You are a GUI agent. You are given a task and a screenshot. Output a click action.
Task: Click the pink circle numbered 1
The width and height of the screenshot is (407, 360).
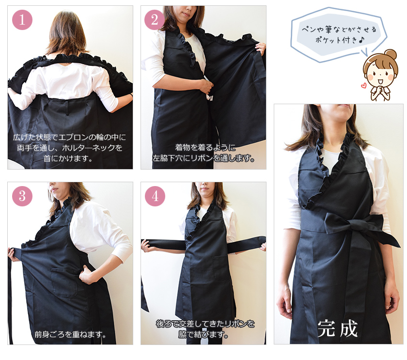coord(22,20)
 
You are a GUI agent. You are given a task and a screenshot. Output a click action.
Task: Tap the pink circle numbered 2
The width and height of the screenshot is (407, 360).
coord(154,20)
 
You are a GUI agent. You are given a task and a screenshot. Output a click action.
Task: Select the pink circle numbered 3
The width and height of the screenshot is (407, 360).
coord(22,196)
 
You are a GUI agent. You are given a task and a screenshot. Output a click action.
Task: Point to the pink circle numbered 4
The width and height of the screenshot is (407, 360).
coord(155,196)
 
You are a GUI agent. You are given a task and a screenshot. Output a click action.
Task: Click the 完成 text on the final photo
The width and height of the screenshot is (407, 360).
coord(337,329)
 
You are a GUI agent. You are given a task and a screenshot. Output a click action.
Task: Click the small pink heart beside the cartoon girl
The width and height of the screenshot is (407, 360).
coord(363,85)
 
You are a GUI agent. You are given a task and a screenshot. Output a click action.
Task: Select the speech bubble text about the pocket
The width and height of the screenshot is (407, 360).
coord(339,34)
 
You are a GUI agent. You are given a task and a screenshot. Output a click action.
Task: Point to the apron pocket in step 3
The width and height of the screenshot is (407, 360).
coord(64,282)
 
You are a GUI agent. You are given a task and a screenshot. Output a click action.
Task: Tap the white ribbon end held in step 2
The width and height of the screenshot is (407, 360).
coord(209,97)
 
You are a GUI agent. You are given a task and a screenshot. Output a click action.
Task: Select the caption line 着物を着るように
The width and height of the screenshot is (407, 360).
coord(205,147)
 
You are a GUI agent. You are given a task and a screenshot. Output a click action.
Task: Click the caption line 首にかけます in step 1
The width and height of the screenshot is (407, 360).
coord(68,158)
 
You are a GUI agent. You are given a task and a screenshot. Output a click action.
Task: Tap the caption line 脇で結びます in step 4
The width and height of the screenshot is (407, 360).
coord(203,335)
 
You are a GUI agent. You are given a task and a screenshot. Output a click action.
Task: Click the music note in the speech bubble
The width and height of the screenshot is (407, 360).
coord(362,39)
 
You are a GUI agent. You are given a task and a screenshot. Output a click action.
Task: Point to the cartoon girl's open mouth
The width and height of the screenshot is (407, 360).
coord(380,82)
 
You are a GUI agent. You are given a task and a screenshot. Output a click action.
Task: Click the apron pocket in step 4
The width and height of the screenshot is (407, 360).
coord(221,267)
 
